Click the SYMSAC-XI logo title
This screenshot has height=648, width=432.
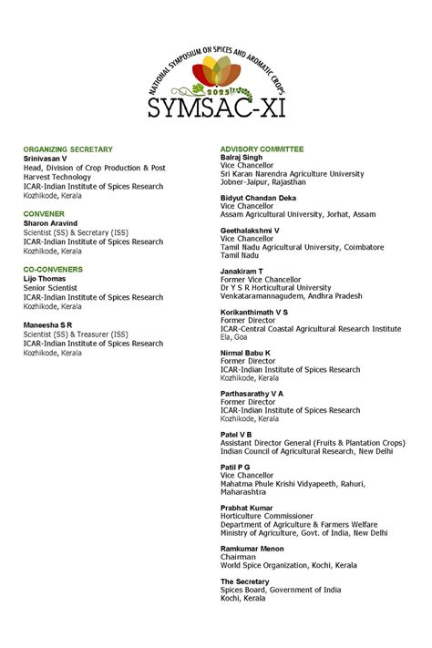tap(215, 107)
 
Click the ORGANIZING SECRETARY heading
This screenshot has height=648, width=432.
tap(68, 149)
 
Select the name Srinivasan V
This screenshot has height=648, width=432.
tap(46, 158)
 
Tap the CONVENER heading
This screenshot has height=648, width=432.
tap(44, 213)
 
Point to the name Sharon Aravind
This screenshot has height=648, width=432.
tap(51, 223)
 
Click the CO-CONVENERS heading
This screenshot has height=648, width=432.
tap(53, 270)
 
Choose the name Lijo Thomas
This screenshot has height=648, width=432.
tap(44, 279)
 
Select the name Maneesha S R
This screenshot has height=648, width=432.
tap(49, 324)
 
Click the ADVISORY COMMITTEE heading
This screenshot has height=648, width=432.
tap(262, 149)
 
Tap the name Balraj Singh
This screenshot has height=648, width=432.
tap(242, 157)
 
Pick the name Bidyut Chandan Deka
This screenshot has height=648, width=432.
tap(258, 198)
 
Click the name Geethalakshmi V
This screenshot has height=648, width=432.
tap(250, 231)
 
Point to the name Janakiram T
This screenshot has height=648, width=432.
tap(242, 271)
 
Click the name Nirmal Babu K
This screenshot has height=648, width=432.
tap(245, 353)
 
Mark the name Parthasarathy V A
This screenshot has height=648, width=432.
tap(252, 394)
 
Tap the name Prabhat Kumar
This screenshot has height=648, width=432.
tap(246, 508)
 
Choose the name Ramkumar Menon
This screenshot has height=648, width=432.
tap(252, 549)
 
